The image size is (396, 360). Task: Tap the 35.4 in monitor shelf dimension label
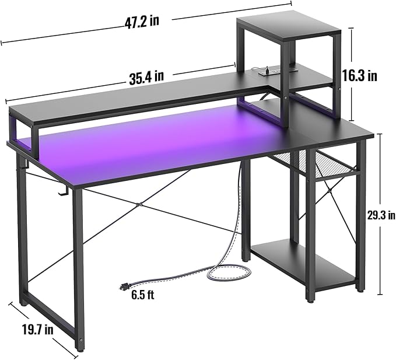(146, 76)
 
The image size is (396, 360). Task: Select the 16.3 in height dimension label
(359, 75)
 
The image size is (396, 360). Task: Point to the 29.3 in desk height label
(381, 215)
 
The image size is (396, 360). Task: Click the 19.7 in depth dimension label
(38, 330)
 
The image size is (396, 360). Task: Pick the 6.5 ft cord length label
(143, 295)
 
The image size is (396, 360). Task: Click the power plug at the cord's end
(124, 287)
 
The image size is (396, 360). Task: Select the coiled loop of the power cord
(229, 272)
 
